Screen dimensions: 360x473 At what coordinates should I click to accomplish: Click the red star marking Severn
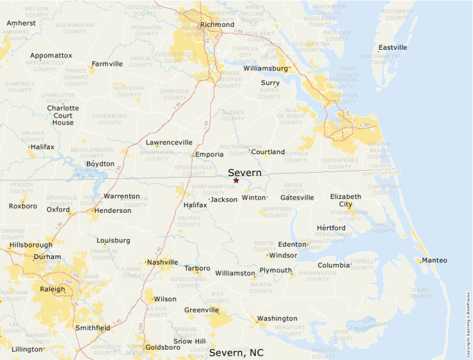coord(236,180)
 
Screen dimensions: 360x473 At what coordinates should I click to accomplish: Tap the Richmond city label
coord(217,25)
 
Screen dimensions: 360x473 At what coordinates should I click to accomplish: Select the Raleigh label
coord(53,289)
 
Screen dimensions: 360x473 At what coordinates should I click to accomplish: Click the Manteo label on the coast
coord(434,260)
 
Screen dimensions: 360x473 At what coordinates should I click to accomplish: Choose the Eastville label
coord(392,48)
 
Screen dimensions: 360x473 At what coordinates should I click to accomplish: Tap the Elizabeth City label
coord(345,200)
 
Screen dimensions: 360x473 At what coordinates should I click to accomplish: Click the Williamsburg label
coord(265,68)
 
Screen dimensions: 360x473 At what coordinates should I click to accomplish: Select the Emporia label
coord(210,154)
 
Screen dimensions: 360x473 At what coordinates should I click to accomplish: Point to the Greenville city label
coord(201,310)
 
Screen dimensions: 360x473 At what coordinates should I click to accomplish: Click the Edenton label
coord(291,244)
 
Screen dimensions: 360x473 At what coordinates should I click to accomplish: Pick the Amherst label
coord(21,23)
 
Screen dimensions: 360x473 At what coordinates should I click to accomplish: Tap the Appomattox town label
coord(50,55)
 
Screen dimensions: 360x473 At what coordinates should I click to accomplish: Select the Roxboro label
coord(23,206)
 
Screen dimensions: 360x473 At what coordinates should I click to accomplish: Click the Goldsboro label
coord(163,347)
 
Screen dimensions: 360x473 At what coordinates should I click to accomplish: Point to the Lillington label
coord(27,349)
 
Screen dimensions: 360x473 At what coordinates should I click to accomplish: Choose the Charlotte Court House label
coord(63,115)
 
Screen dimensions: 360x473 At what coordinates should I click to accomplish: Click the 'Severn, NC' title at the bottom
coord(236,353)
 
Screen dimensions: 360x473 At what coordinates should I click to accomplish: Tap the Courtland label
coord(268,151)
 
